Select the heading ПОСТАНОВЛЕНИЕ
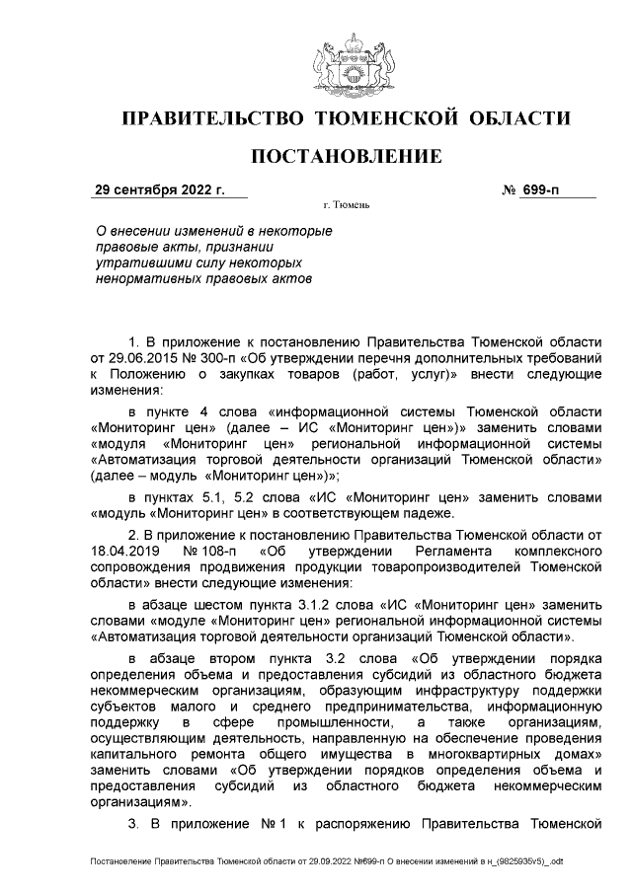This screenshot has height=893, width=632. coord(346,157)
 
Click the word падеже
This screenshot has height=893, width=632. coord(430,513)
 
